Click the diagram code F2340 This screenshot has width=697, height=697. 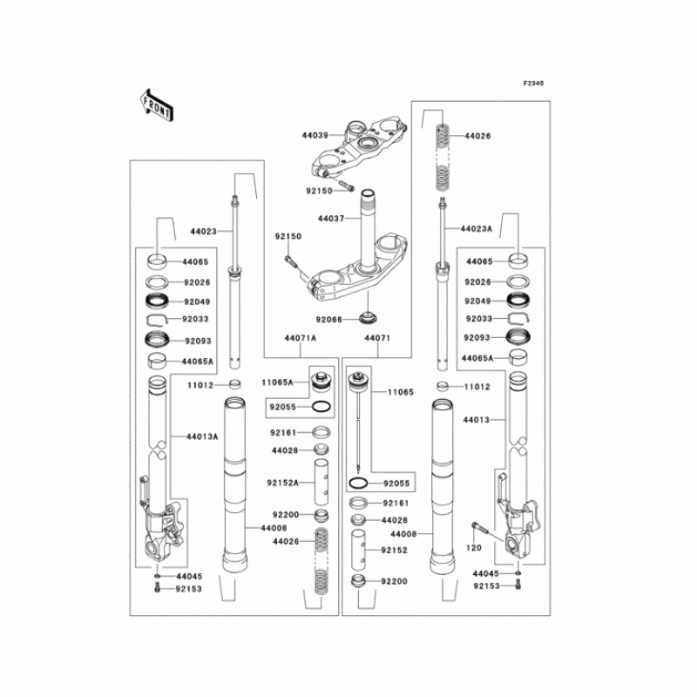(533, 84)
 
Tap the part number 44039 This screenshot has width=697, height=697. (315, 136)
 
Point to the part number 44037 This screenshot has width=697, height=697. (331, 219)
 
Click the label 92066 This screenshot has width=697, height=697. (329, 320)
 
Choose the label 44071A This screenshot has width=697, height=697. (299, 337)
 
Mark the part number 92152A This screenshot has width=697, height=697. (284, 482)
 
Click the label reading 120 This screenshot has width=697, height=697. (473, 547)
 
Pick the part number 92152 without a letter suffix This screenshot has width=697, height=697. (393, 551)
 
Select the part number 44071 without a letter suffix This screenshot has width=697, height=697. (376, 337)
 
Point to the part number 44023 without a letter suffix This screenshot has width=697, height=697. (203, 233)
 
